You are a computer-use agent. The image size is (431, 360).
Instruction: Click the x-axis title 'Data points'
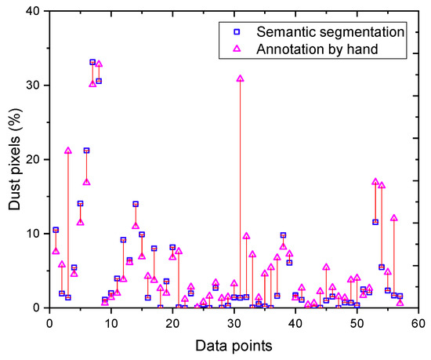[x=234, y=344]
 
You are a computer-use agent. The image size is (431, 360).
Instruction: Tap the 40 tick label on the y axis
[x=33, y=10]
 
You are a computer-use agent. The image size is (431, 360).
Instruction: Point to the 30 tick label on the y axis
[x=33, y=85]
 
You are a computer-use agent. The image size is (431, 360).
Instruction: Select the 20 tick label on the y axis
[x=33, y=159]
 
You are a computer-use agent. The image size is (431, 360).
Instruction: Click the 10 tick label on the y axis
[x=33, y=234]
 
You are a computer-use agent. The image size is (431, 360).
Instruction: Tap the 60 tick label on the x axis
[x=418, y=322]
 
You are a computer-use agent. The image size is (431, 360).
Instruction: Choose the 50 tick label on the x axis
[x=357, y=322]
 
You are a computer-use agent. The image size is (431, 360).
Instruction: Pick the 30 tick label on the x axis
[x=234, y=322]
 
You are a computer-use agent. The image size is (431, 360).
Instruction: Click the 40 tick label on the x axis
[x=295, y=322]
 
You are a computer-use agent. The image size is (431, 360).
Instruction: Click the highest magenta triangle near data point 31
[x=240, y=78]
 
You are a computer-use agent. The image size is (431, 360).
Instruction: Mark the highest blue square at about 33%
[x=92, y=62]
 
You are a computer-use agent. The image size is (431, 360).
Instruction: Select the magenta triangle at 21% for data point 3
[x=67, y=151]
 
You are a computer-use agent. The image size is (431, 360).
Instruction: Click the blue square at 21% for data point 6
[x=86, y=151]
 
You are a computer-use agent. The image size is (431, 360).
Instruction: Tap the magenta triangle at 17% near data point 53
[x=375, y=182]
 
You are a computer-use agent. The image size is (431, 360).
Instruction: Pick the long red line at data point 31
[x=240, y=188]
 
